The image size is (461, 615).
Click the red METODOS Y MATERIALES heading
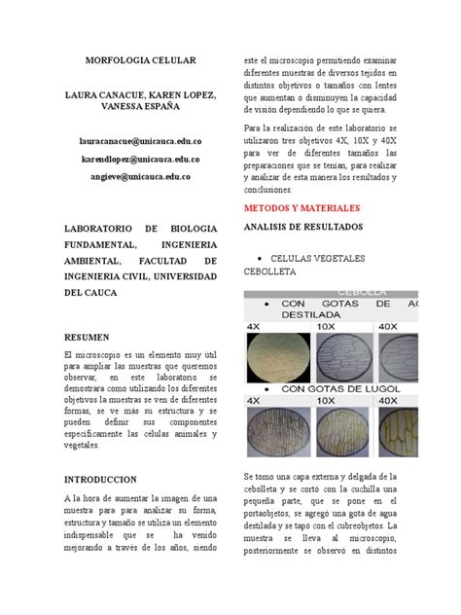point(301,208)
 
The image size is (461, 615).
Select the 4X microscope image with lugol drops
point(276,431)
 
